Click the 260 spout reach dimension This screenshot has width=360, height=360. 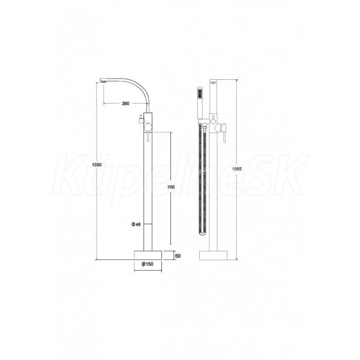click(125, 104)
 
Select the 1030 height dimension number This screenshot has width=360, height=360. click(97, 164)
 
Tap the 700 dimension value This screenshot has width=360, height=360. click(171, 187)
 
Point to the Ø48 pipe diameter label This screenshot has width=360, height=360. click(136, 224)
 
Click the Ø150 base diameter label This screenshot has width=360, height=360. click(148, 264)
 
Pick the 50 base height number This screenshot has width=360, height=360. click(178, 256)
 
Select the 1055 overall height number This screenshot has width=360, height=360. click(237, 169)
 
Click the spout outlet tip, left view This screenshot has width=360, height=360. click(103, 80)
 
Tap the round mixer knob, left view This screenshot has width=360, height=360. click(147, 127)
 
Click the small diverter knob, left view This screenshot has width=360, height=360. click(140, 120)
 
